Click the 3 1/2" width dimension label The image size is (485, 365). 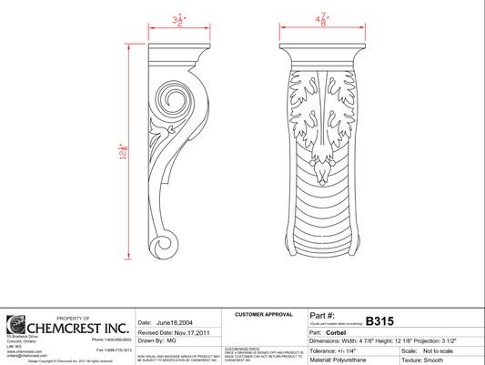tap(180, 19)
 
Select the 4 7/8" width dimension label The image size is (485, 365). tap(322, 19)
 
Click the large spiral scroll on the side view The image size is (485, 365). tap(173, 101)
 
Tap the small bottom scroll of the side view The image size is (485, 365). tap(165, 244)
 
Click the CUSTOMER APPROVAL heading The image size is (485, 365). tap(263, 314)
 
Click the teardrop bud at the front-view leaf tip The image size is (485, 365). tap(322, 170)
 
